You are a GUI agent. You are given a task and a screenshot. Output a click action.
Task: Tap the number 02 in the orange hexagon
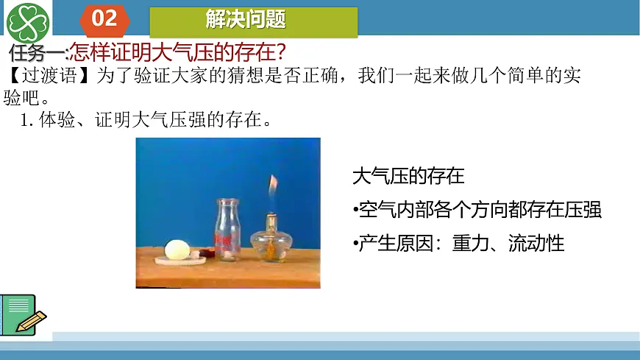point(104,18)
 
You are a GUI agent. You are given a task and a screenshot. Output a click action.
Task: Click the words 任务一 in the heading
point(37,53)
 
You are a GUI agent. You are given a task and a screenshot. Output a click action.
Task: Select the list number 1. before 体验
point(27,120)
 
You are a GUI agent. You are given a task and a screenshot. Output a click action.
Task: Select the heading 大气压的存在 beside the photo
point(408,177)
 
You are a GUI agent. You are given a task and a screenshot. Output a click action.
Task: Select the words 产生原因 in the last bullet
point(397,244)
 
